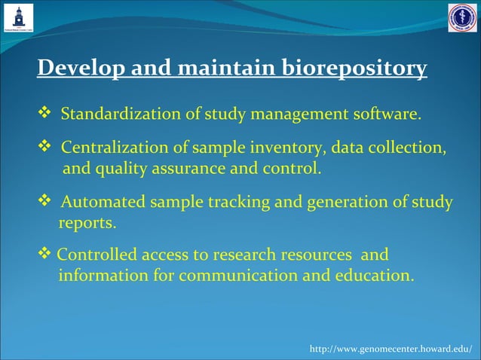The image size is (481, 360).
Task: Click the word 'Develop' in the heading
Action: pos(81,69)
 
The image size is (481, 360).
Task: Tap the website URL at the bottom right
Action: pos(391,349)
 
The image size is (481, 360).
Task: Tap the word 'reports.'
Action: pos(87,223)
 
